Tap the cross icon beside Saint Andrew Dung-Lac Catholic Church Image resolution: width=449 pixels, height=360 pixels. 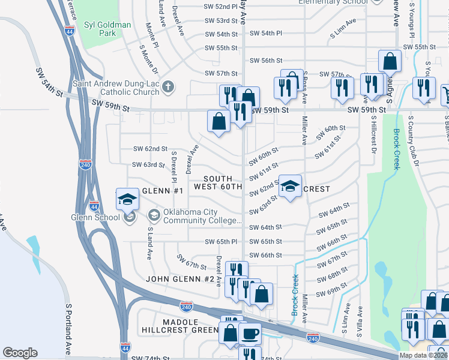click(x=169, y=86)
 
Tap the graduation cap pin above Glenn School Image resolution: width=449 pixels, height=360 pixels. click(x=127, y=199)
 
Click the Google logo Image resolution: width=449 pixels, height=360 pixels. click(x=20, y=353)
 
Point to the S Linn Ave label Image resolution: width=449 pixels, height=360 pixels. click(x=343, y=38)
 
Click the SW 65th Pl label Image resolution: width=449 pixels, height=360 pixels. click(x=221, y=241)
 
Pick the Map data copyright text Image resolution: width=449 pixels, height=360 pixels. click(x=423, y=355)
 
